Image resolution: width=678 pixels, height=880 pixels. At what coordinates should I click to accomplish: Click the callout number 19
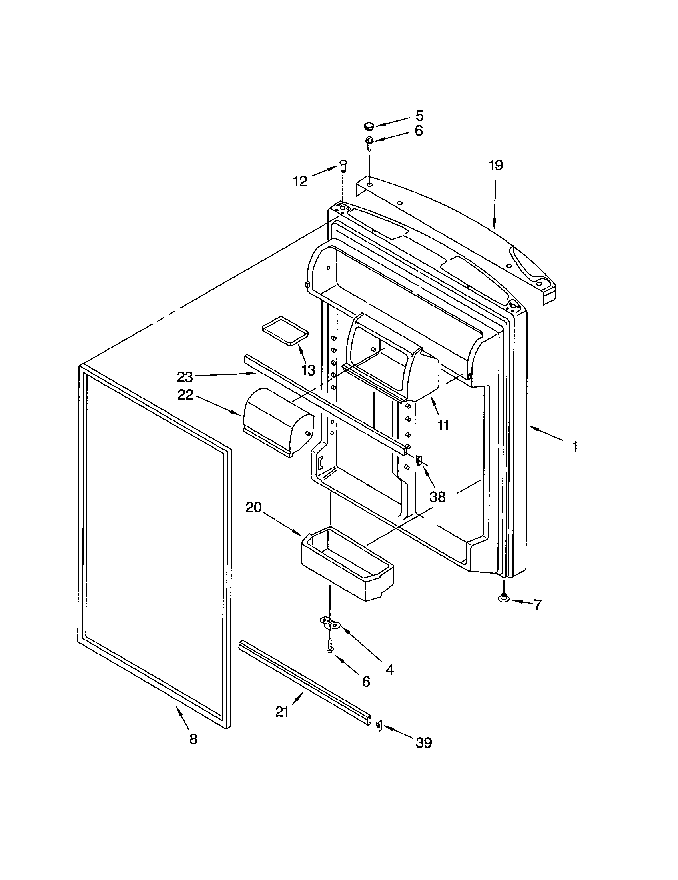pos(496,165)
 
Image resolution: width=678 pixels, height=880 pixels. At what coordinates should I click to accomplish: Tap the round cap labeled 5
pos(369,127)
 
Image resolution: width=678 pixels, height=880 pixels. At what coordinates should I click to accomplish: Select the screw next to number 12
pos(343,166)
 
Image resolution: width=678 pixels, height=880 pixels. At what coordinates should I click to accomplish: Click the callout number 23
pos(185,377)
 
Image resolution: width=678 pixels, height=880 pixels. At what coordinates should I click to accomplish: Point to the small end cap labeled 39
pos(379,725)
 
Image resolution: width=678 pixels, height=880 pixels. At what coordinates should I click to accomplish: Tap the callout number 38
pos(437,497)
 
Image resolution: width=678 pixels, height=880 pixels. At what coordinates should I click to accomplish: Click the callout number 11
pos(443,425)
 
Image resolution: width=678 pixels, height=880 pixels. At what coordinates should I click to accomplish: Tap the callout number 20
pos(253,508)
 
